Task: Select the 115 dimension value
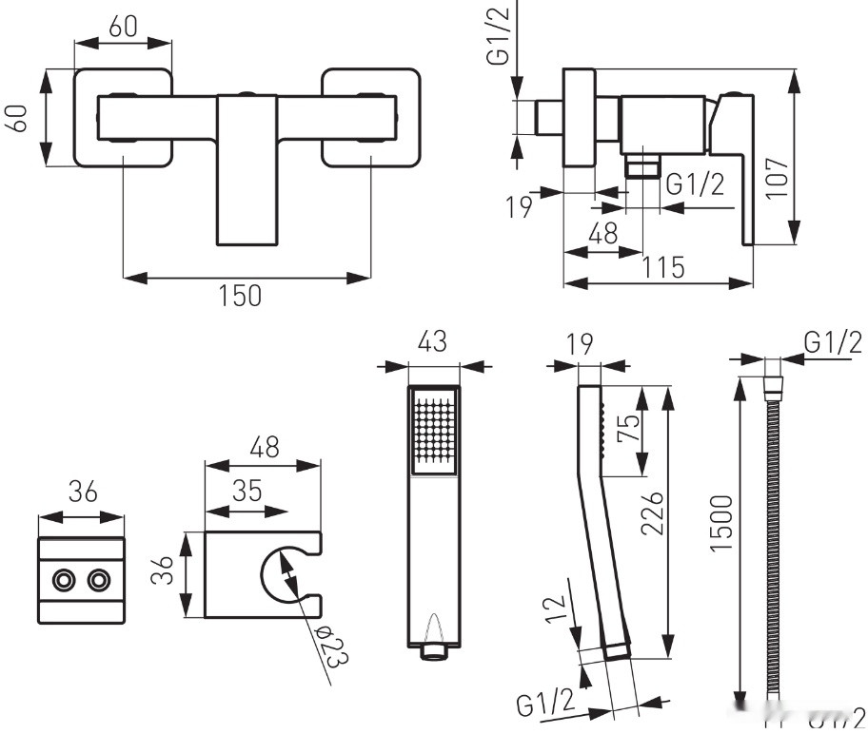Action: (x=663, y=268)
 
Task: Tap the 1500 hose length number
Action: (x=720, y=523)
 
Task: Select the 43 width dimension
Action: (x=432, y=343)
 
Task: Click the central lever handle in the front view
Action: (x=247, y=169)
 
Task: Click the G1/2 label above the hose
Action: (x=833, y=341)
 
